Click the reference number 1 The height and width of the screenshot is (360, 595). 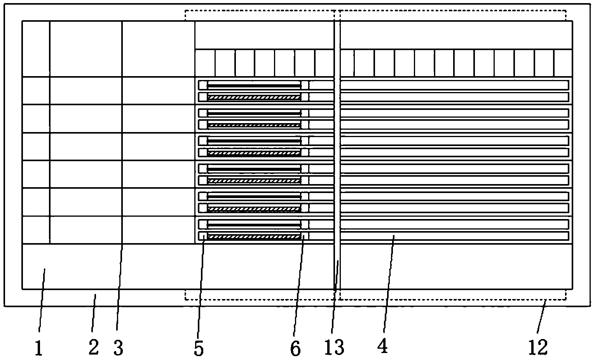click(x=38, y=348)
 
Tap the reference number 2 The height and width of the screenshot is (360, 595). click(x=94, y=347)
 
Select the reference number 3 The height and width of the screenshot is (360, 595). click(x=118, y=348)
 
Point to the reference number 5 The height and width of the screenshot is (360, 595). click(x=199, y=348)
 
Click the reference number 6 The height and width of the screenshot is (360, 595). click(x=295, y=349)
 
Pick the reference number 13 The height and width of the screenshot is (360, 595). click(x=335, y=347)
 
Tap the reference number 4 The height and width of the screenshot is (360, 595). click(x=383, y=346)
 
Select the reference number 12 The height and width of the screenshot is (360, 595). click(x=538, y=347)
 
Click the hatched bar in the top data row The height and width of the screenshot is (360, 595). click(x=254, y=97)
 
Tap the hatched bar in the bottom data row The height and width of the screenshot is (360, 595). click(x=254, y=237)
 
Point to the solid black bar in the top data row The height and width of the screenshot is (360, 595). click(x=254, y=85)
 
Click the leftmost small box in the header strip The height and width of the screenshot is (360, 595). click(x=205, y=63)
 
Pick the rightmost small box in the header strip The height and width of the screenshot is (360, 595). click(x=563, y=63)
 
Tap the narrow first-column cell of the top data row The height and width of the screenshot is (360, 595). click(x=36, y=91)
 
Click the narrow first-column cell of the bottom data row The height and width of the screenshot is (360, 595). click(x=36, y=230)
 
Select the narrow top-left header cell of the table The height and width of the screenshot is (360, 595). click(x=36, y=49)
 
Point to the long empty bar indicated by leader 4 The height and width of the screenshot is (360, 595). click(x=454, y=236)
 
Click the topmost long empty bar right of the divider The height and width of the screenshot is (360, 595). click(x=454, y=85)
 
